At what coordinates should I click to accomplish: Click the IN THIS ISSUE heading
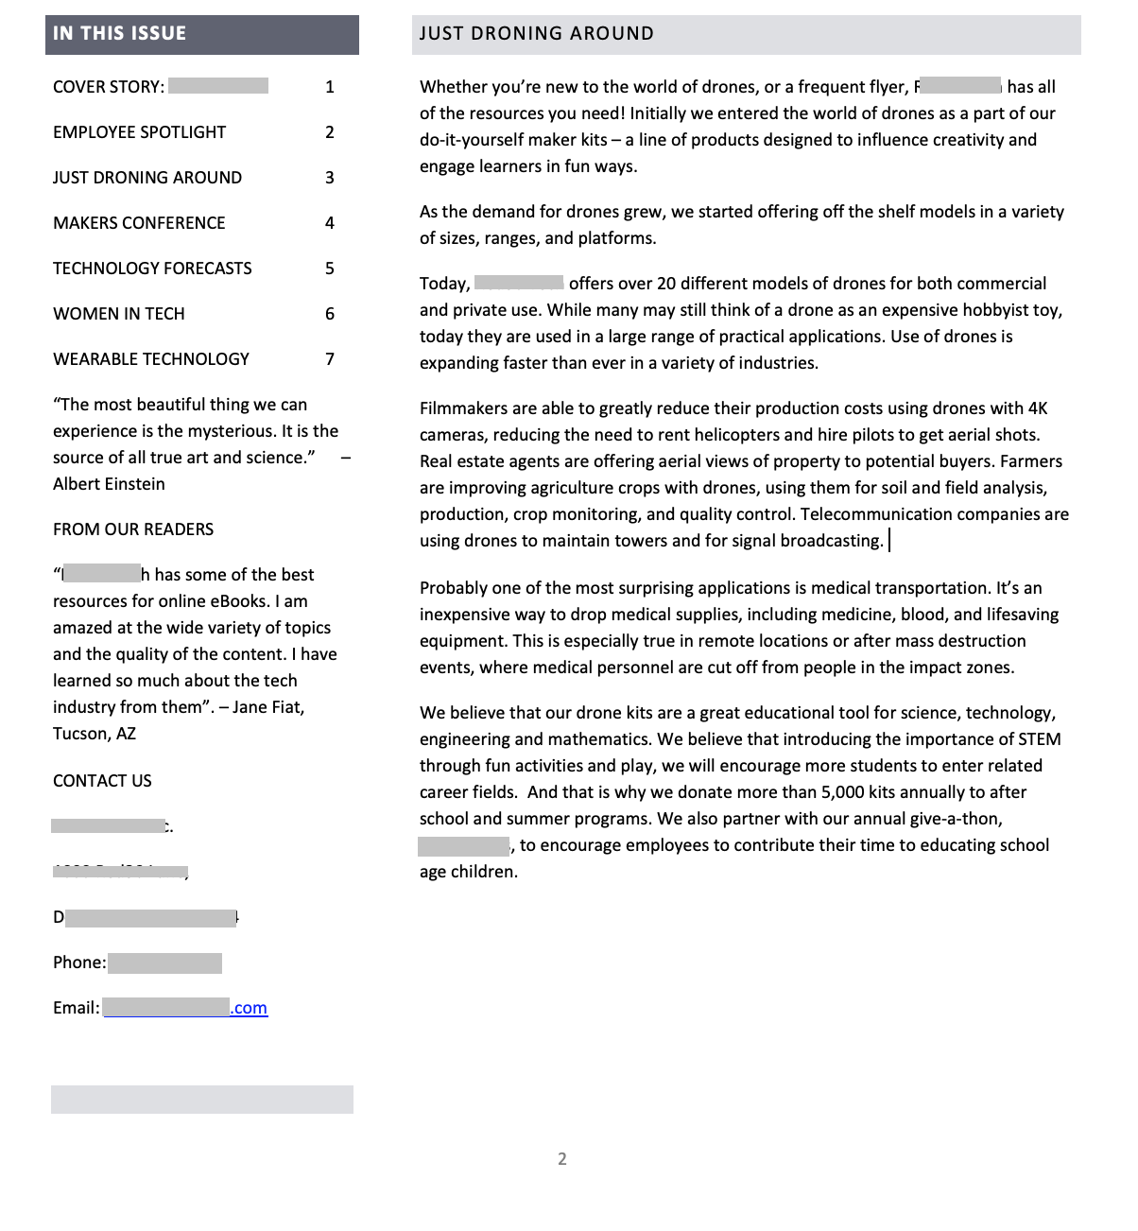[119, 34]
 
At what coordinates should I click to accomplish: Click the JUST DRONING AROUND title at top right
[536, 34]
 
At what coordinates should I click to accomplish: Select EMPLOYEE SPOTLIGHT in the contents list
[139, 132]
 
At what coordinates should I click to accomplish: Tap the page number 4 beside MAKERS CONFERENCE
[329, 223]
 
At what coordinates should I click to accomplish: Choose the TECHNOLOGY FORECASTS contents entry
[152, 269]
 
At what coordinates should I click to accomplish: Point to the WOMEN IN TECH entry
[118, 314]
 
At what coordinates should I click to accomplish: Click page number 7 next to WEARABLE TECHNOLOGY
[329, 359]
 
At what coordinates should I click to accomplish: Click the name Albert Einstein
[109, 484]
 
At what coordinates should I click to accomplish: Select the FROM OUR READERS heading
[133, 529]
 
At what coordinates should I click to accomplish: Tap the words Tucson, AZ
[95, 734]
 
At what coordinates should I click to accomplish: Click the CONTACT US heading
[102, 781]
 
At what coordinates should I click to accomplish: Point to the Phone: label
[79, 962]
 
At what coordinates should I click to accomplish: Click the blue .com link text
[250, 1008]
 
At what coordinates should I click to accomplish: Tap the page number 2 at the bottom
[562, 1159]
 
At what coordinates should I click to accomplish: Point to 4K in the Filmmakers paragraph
[1037, 408]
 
